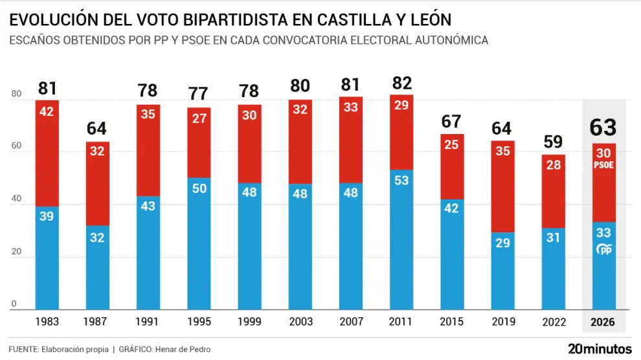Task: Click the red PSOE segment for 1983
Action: pos(47,153)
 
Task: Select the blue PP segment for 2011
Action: pos(401,240)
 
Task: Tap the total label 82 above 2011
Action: pos(401,84)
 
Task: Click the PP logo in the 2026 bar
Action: pos(604,250)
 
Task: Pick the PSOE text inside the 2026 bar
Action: pos(604,166)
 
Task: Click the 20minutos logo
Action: pos(599,348)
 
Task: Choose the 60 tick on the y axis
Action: pos(16,147)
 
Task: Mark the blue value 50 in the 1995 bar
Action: pos(199,188)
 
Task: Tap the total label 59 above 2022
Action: pos(554,142)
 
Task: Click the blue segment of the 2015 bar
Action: pos(452,254)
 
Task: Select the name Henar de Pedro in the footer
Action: pos(182,350)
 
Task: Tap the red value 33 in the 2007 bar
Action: pos(351,108)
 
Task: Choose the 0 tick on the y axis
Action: pos(14,304)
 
